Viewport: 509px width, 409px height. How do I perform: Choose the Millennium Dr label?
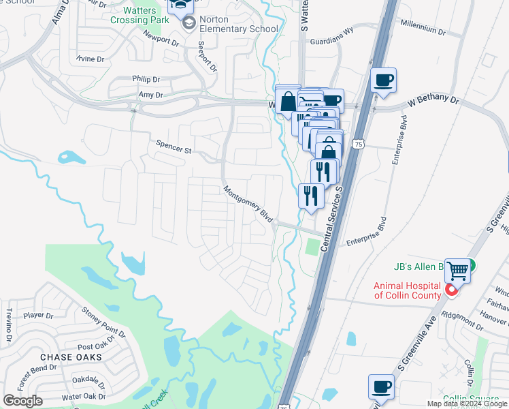click(x=423, y=32)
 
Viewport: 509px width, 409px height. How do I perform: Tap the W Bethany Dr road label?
click(x=433, y=100)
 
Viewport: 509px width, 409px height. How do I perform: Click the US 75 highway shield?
click(x=359, y=144)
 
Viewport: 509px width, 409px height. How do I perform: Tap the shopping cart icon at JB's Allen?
click(x=458, y=271)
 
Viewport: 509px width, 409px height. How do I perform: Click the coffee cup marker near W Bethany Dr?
click(x=384, y=80)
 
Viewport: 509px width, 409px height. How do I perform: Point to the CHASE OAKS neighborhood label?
click(x=71, y=357)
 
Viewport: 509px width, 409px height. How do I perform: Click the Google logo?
click(x=22, y=400)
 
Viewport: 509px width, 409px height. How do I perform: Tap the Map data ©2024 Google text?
click(x=467, y=404)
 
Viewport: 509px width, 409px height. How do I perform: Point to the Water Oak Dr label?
click(x=83, y=396)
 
